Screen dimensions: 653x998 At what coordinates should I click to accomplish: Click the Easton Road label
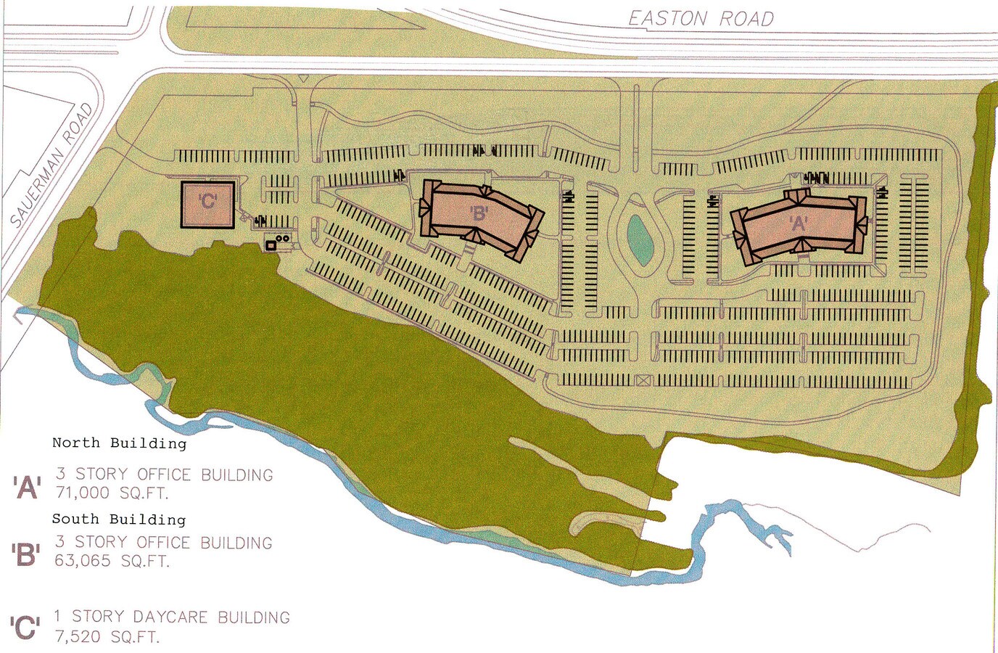point(701,18)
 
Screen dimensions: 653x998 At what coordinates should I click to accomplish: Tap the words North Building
point(119,443)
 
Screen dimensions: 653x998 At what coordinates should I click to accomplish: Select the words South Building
point(119,519)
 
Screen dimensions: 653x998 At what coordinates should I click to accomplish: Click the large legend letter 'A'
point(27,487)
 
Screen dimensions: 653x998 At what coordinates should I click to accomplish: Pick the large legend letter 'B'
point(26,554)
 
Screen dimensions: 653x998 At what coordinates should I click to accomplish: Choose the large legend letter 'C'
point(25,628)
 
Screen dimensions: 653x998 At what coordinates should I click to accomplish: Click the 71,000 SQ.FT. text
point(112,493)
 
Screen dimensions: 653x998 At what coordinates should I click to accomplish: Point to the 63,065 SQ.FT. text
point(112,561)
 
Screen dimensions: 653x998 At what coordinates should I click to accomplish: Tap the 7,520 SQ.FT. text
point(107,637)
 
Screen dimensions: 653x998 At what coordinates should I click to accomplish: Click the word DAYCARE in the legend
point(171,617)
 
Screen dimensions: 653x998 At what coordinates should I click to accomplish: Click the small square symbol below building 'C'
point(271,246)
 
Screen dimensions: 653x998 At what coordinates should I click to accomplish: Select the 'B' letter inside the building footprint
point(479,213)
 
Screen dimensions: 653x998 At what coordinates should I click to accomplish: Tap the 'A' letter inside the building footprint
point(799,223)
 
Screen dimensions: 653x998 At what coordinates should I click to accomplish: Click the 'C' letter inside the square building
point(208,201)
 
